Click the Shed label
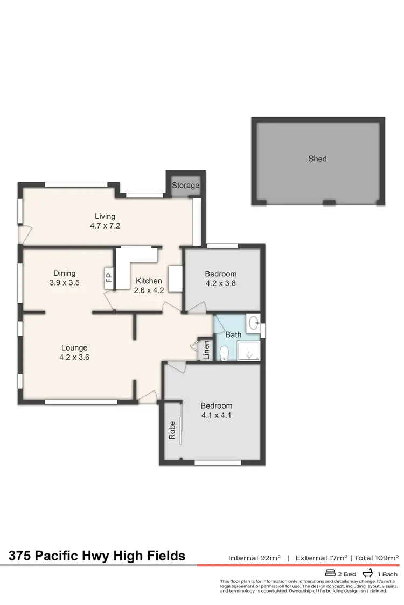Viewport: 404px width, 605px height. tap(317, 159)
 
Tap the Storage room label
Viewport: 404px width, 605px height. tap(186, 186)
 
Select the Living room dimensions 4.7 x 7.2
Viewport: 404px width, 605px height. tap(105, 226)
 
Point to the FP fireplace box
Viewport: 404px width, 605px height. tap(108, 277)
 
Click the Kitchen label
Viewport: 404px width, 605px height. tap(148, 281)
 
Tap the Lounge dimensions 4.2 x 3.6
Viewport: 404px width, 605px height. tap(74, 356)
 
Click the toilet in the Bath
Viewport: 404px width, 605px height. tap(225, 353)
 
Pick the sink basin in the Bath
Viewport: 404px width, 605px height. tap(253, 323)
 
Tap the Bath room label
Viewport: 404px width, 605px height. tap(233, 334)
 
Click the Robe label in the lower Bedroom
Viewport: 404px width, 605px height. tap(172, 433)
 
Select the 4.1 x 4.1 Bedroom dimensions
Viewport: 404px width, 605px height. tap(217, 415)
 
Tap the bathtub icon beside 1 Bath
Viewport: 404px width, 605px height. tap(368, 574)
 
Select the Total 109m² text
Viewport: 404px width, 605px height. tap(377, 558)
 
